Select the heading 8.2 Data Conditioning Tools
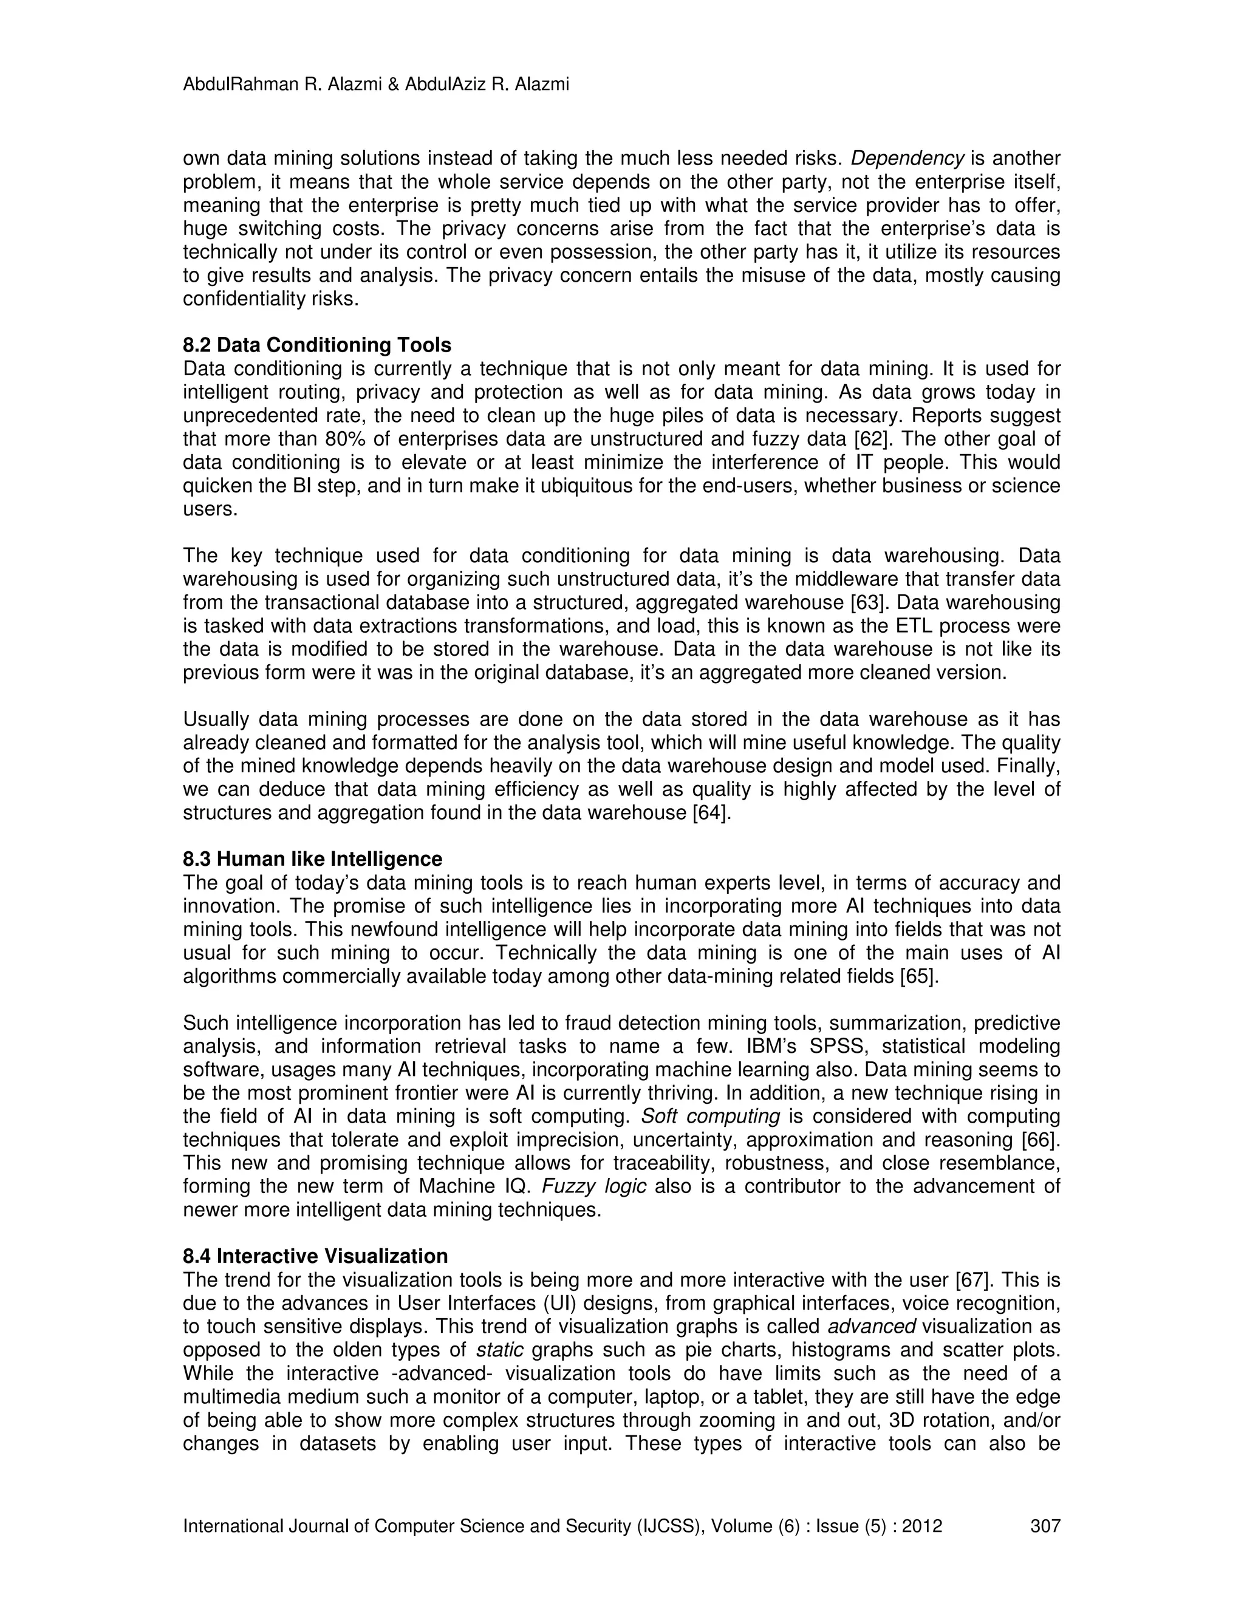317,345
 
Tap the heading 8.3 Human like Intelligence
312,859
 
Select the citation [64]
712,814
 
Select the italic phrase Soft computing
711,1116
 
